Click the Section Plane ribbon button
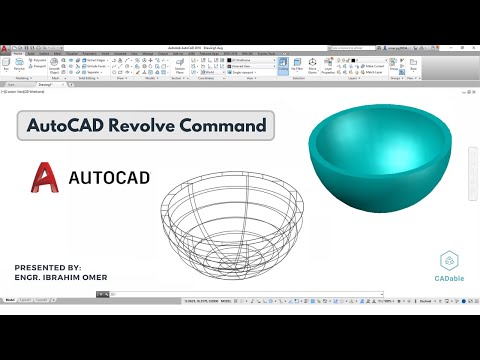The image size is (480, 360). (180, 68)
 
